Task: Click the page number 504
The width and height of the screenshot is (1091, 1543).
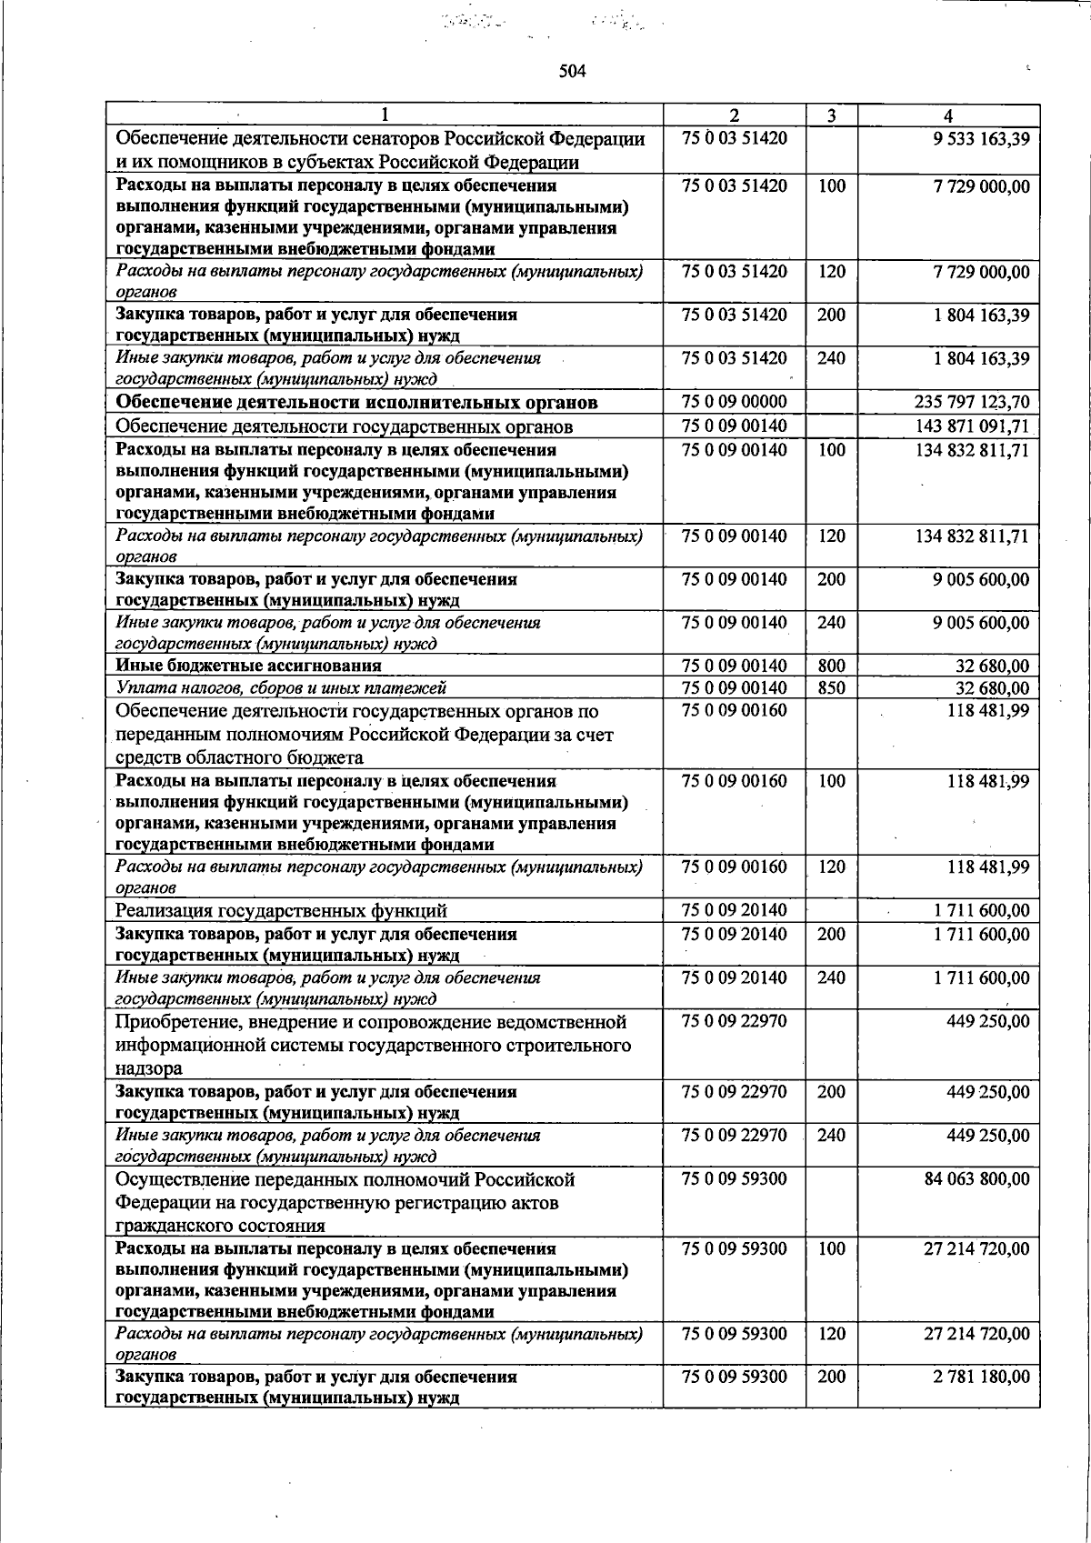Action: [573, 72]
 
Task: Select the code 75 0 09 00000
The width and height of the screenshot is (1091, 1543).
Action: [734, 402]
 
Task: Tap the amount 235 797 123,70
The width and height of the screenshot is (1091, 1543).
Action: [971, 402]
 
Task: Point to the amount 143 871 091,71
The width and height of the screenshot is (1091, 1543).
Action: [971, 426]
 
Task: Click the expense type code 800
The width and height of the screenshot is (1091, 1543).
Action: [831, 666]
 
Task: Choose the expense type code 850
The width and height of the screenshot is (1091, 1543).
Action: [831, 688]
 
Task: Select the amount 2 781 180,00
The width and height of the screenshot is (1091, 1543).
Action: [981, 1377]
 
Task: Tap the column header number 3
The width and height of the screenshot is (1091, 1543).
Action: [831, 115]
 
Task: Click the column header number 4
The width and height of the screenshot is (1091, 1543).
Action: [948, 115]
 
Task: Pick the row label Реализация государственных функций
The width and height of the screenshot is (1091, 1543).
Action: [281, 911]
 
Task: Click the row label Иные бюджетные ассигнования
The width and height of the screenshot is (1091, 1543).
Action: [248, 666]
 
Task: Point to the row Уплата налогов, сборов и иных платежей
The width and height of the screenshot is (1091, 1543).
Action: [281, 688]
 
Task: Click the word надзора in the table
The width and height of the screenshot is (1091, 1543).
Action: [148, 1068]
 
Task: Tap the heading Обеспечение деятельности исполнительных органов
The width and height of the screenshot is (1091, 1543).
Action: [356, 402]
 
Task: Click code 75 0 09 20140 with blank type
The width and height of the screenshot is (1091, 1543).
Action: [734, 911]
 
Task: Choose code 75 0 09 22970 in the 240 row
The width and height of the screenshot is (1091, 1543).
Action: [734, 1136]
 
